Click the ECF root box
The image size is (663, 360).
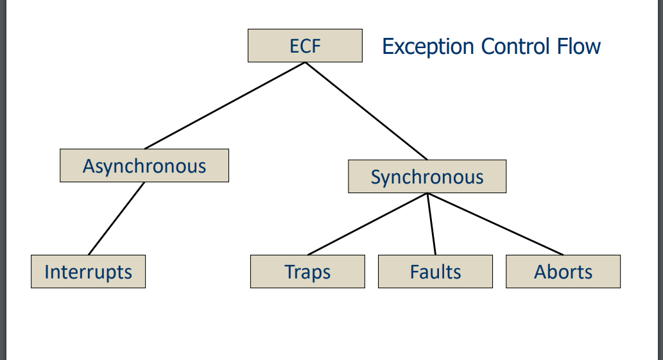click(305, 46)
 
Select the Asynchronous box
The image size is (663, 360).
click(144, 166)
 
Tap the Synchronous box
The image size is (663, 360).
click(427, 176)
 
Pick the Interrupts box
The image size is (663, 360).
click(88, 271)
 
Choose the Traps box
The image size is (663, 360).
click(307, 271)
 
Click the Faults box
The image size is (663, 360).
click(435, 271)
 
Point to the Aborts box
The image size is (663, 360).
click(563, 271)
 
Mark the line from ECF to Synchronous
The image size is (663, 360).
click(366, 110)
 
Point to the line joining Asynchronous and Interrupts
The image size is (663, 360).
click(116, 219)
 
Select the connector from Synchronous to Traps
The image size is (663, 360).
click(367, 224)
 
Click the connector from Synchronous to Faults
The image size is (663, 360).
click(431, 224)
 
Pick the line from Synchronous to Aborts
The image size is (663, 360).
click(495, 224)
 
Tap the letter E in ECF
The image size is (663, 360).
click(294, 46)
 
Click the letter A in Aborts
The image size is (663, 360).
click(540, 271)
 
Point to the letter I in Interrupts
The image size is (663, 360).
click(47, 271)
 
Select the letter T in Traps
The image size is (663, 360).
click(289, 271)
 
